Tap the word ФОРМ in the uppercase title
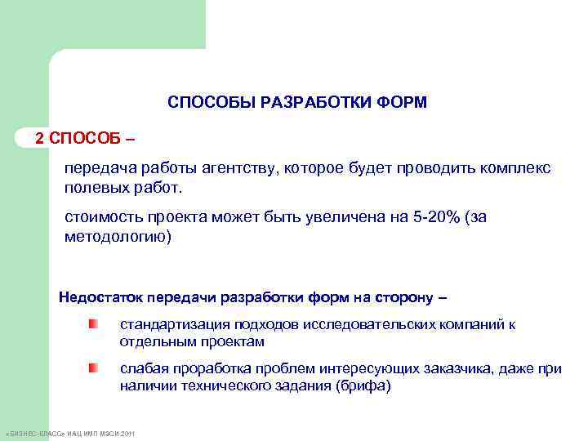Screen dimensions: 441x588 [403, 103]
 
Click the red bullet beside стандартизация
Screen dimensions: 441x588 [94, 325]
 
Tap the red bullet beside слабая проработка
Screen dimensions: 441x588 [94, 368]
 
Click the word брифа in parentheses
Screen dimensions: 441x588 [362, 386]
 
